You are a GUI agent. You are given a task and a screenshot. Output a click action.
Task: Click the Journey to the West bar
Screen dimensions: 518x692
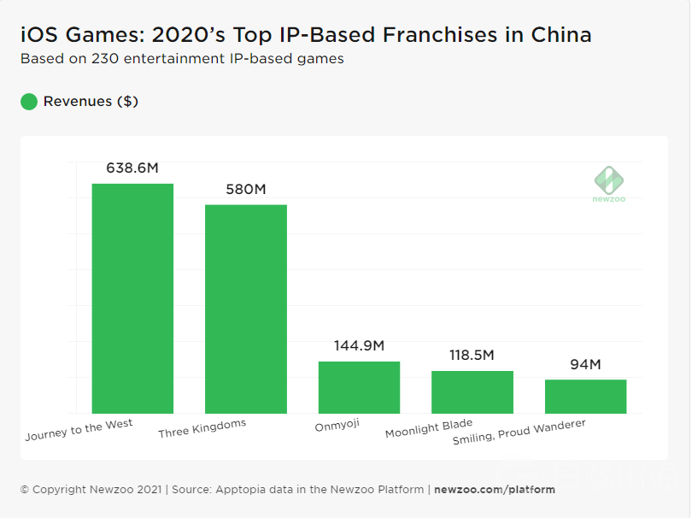point(132,298)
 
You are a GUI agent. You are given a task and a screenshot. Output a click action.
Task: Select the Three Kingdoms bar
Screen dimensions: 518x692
point(246,309)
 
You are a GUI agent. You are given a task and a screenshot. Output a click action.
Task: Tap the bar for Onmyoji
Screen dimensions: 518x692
point(359,387)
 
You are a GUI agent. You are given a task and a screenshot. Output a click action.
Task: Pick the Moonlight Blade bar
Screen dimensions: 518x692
point(472,392)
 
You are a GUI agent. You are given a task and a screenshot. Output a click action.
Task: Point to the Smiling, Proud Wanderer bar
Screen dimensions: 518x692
point(586,397)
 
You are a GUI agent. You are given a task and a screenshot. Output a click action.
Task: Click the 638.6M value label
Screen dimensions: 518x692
point(132,168)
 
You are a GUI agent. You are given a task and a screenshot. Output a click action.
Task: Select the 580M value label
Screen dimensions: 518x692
point(246,189)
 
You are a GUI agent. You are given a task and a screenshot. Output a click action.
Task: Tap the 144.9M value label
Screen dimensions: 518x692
point(359,346)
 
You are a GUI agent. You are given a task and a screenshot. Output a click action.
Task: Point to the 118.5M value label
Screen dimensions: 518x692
point(472,356)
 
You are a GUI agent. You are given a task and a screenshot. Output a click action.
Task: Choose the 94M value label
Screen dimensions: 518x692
point(586,365)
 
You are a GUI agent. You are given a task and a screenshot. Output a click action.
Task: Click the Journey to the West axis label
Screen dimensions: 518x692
point(79,430)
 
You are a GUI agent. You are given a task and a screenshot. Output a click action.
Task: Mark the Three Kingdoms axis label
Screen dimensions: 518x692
point(202,429)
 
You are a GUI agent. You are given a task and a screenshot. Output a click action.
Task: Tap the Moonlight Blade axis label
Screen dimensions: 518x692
point(428,428)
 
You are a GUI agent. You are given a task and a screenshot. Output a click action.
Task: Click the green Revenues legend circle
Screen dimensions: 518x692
point(29,102)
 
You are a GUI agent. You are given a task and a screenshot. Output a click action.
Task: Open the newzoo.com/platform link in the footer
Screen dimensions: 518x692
point(495,490)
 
